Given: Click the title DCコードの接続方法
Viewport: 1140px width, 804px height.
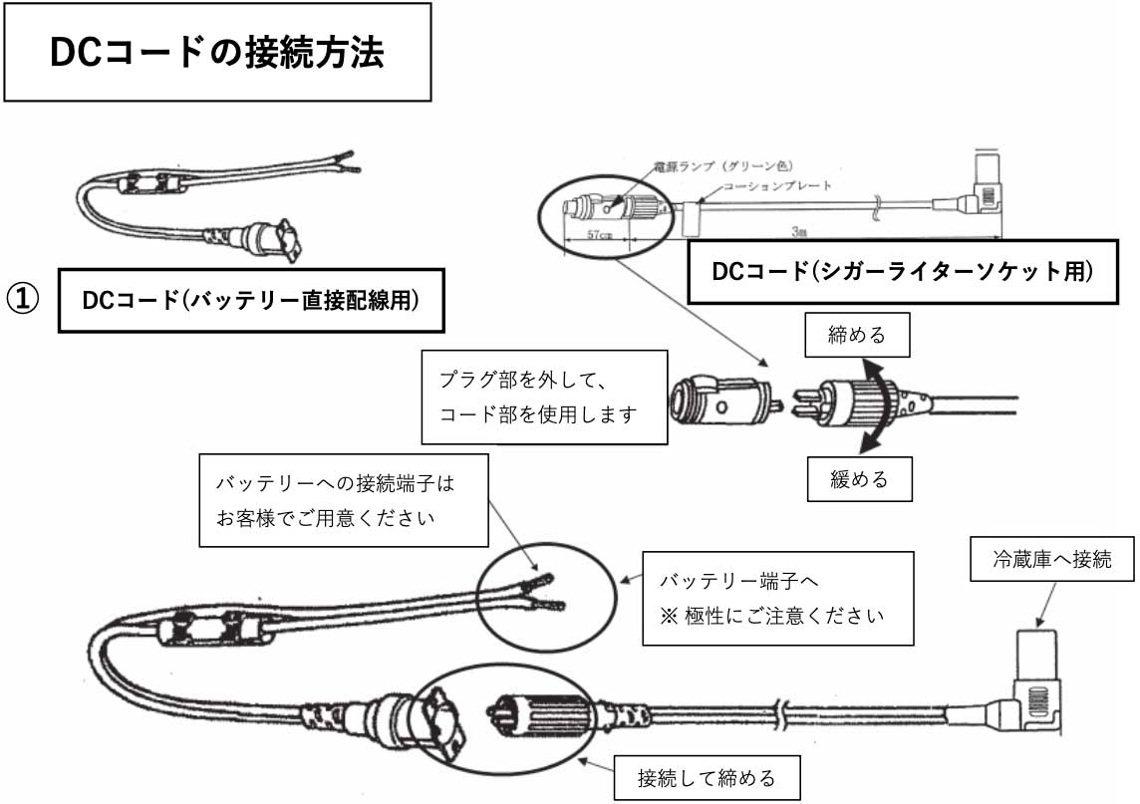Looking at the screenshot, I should pos(216,53).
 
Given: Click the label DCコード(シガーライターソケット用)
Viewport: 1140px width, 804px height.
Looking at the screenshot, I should pos(903,271).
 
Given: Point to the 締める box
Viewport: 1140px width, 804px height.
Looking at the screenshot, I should pos(858,335).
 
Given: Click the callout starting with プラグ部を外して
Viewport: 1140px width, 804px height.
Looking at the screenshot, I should pos(543,398).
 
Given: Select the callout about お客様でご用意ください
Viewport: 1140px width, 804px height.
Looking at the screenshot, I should pos(343,500).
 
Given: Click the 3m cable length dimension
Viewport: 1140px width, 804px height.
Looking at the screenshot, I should pos(798,231).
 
